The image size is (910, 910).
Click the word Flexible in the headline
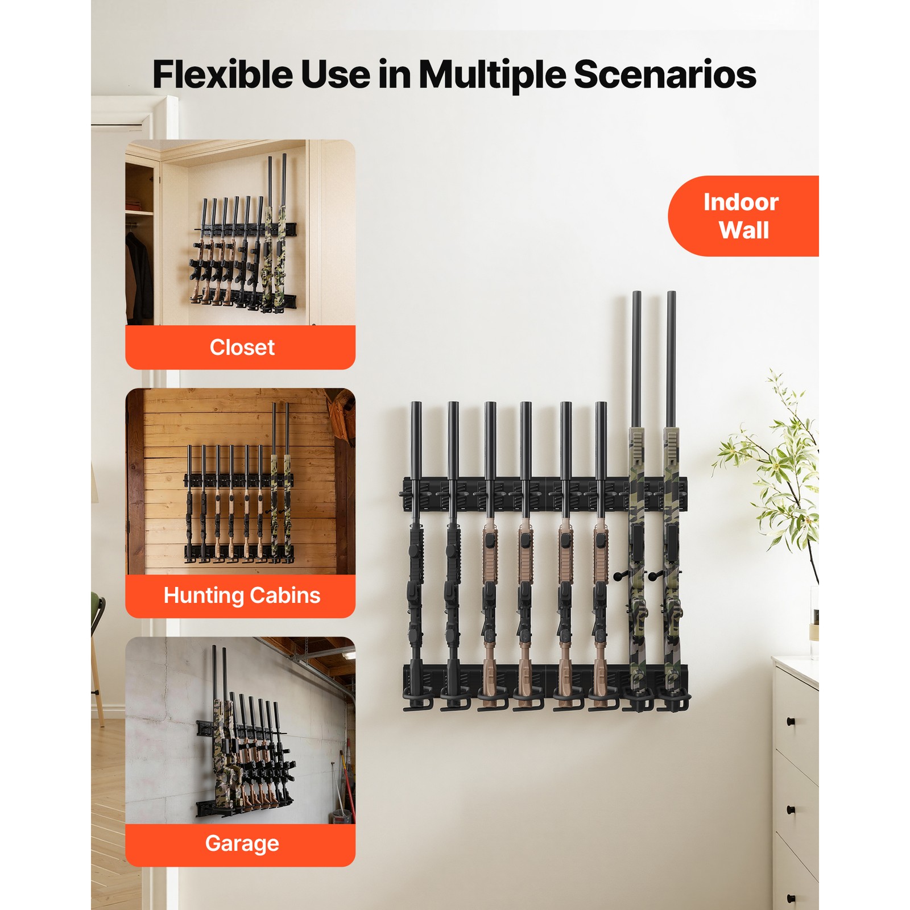[222, 75]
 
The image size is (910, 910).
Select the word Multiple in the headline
[493, 76]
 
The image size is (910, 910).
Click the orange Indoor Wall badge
[742, 216]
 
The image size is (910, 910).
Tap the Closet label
[241, 348]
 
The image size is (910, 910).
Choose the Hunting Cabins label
[241, 595]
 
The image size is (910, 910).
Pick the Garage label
[241, 843]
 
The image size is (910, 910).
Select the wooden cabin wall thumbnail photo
[240, 481]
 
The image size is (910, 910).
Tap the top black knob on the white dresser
[791, 722]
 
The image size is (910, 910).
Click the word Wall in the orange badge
[743, 230]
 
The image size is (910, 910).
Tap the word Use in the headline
[336, 75]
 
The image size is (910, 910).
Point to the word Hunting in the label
[203, 595]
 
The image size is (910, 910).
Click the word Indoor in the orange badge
[741, 202]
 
